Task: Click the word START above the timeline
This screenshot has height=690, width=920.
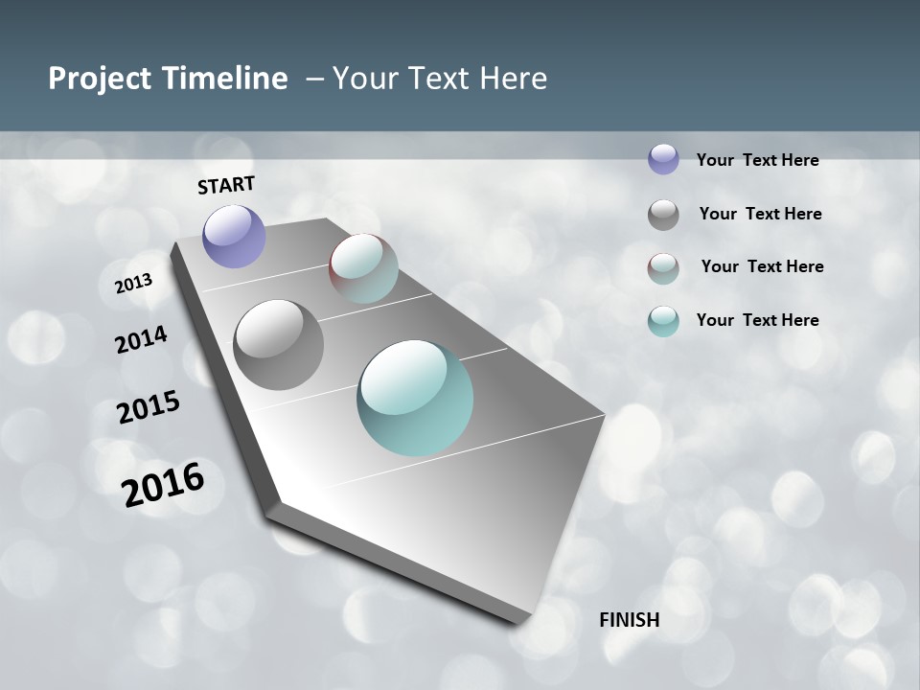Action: pyautogui.click(x=226, y=184)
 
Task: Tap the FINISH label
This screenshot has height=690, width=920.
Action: pyautogui.click(x=630, y=620)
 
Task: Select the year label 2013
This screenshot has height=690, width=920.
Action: pyautogui.click(x=134, y=283)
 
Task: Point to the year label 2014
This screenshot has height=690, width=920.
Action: pyautogui.click(x=142, y=339)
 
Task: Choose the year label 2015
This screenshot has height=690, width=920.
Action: pyautogui.click(x=149, y=407)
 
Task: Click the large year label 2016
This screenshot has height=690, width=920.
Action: pyautogui.click(x=163, y=485)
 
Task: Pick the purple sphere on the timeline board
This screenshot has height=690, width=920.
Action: pyautogui.click(x=235, y=236)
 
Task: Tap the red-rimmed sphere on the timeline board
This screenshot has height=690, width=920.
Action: pyautogui.click(x=363, y=267)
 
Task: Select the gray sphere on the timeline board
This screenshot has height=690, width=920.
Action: pyautogui.click(x=279, y=345)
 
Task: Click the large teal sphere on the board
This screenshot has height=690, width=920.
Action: pyautogui.click(x=415, y=398)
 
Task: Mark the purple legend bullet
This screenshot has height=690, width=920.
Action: pyautogui.click(x=663, y=159)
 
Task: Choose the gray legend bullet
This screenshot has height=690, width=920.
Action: pyautogui.click(x=663, y=215)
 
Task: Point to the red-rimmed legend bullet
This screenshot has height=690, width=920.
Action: pyautogui.click(x=663, y=268)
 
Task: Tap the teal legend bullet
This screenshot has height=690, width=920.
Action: pyautogui.click(x=663, y=321)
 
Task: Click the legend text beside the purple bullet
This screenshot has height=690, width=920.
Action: pyautogui.click(x=757, y=160)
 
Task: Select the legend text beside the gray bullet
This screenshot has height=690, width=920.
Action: pyautogui.click(x=760, y=214)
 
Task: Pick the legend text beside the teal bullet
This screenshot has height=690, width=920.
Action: pyautogui.click(x=757, y=320)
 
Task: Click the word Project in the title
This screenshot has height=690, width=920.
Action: pyautogui.click(x=100, y=79)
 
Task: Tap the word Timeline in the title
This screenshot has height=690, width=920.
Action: pyautogui.click(x=226, y=78)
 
